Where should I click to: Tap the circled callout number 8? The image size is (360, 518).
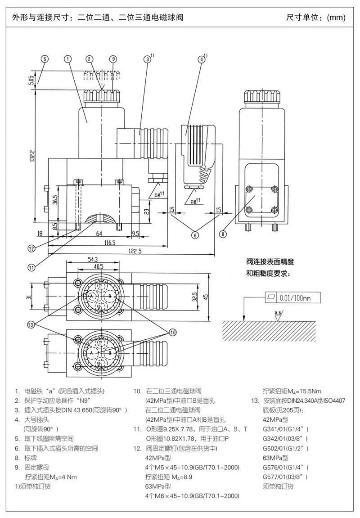(223, 234)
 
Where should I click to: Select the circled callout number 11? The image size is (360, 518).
(31, 267)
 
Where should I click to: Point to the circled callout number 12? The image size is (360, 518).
(31, 248)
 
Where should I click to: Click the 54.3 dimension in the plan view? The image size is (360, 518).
(93, 260)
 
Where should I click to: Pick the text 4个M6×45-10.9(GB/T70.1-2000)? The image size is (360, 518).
(192, 495)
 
